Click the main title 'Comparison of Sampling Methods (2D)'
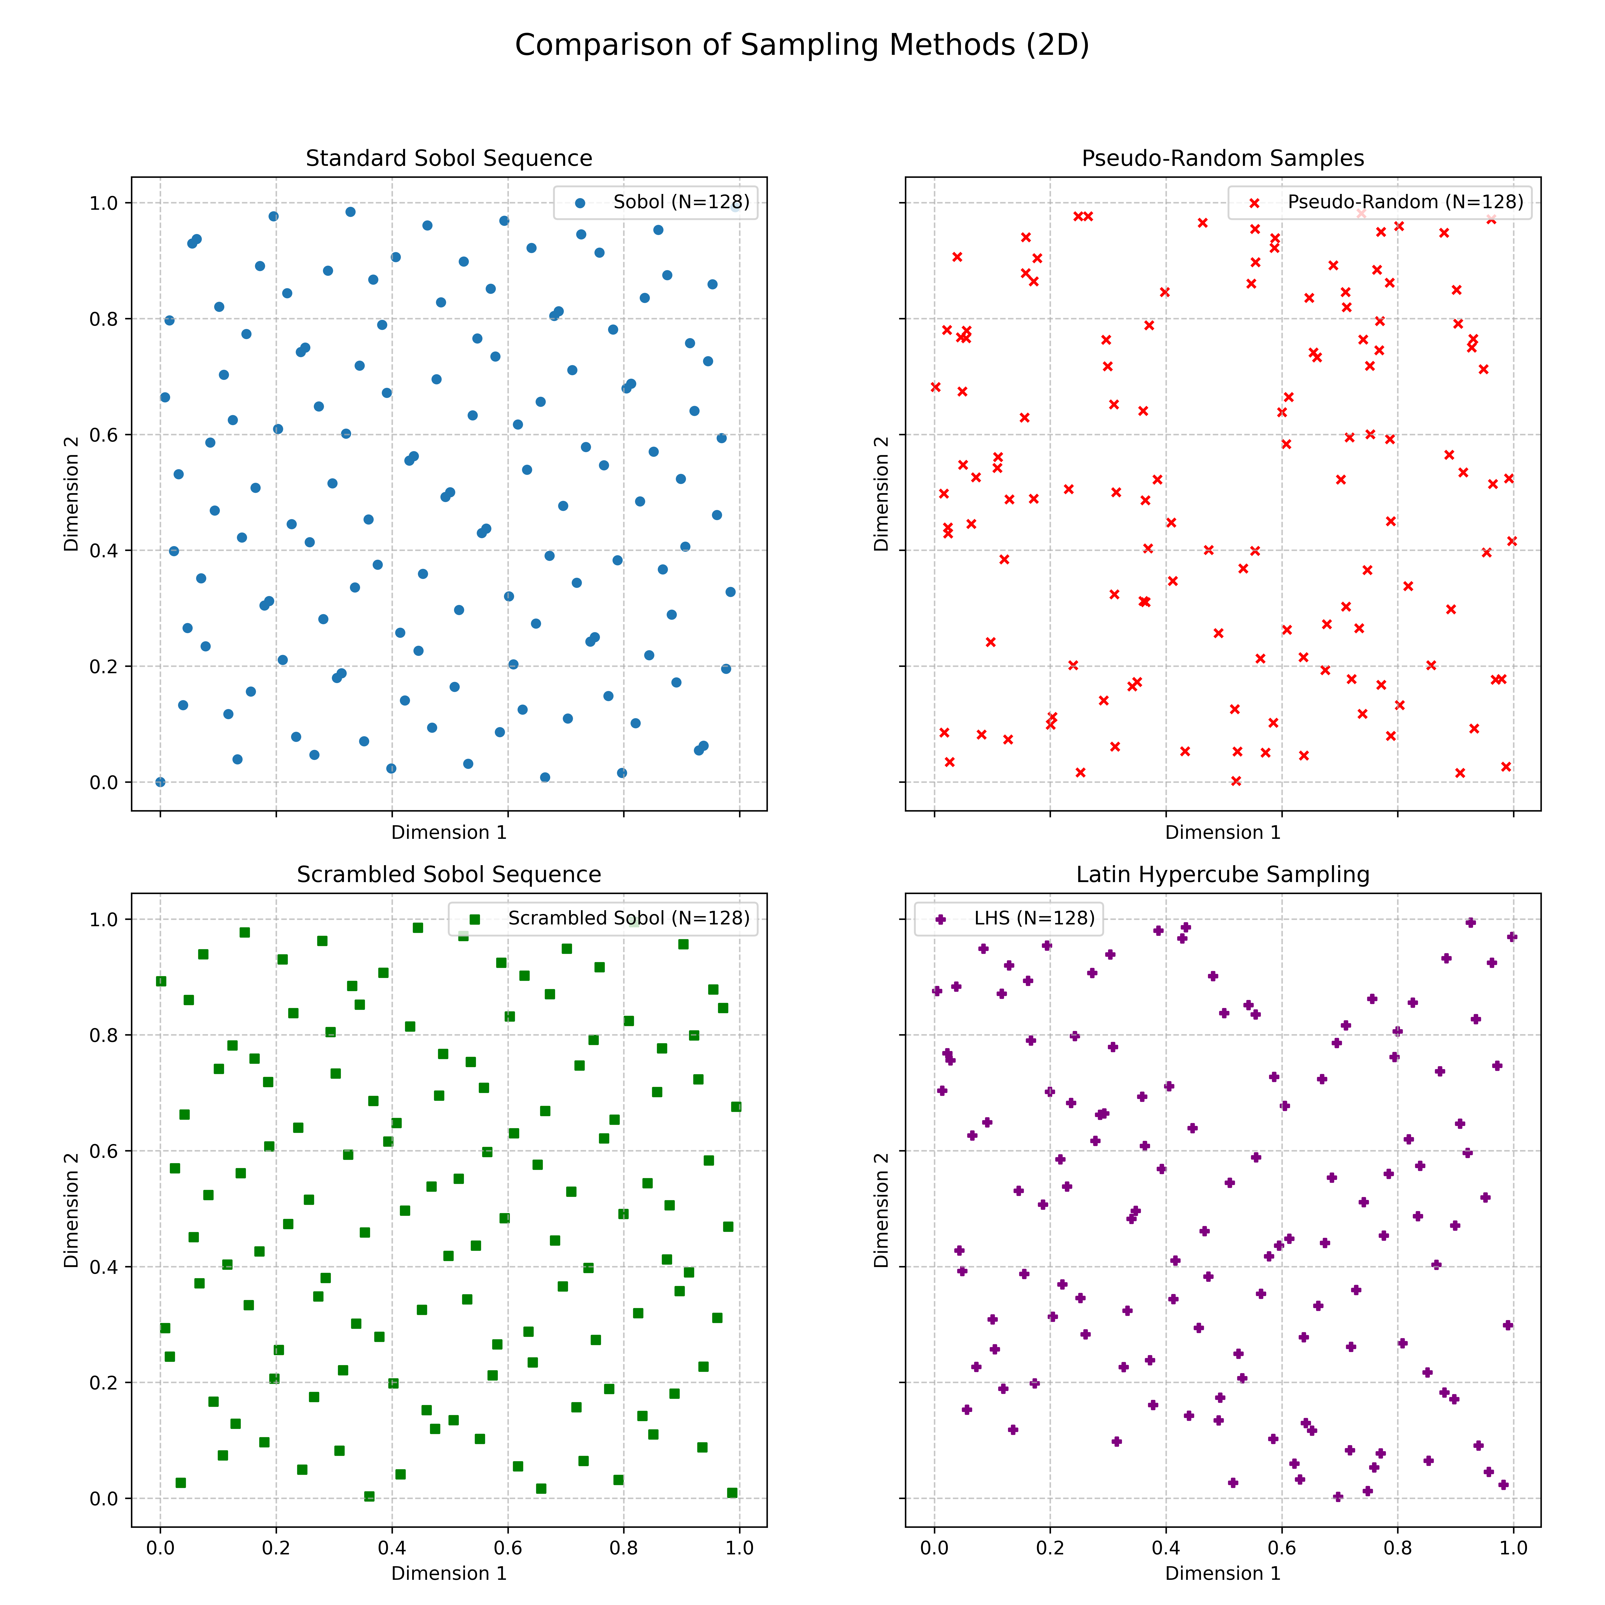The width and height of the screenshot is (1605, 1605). coord(802,45)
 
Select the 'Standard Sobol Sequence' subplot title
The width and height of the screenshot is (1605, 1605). coord(449,159)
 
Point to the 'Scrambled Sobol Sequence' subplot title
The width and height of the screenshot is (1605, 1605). coord(449,875)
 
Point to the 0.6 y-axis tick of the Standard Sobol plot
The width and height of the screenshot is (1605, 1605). coord(107,434)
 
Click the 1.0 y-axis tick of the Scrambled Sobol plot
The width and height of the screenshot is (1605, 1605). coord(107,919)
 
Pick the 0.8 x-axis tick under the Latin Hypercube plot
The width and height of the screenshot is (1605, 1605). coord(1397,1549)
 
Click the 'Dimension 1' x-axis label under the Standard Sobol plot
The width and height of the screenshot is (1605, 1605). coord(449,832)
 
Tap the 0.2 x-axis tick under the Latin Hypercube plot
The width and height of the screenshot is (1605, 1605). coord(1050,1549)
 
